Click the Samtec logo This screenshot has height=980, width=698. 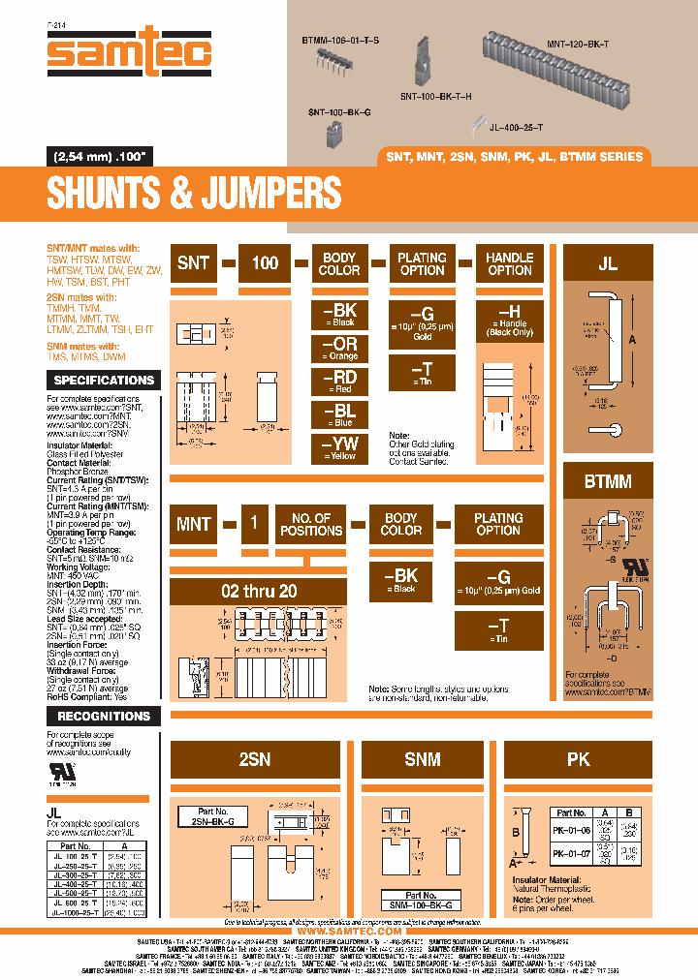tap(128, 54)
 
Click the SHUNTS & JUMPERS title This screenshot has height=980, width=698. tap(194, 194)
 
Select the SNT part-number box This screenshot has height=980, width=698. tap(193, 263)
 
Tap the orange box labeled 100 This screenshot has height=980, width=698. tap(265, 263)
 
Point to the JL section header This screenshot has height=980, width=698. tap(607, 263)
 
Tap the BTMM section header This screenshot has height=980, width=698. tap(607, 480)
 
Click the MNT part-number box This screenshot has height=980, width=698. tap(194, 524)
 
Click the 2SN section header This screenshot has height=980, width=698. tap(255, 760)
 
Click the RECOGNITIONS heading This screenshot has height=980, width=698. tap(103, 717)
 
